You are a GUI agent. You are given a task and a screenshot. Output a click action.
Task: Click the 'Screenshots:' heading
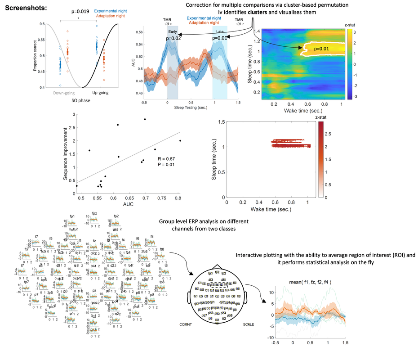click(27, 9)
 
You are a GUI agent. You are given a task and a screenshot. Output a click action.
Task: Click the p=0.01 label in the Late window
click(220, 39)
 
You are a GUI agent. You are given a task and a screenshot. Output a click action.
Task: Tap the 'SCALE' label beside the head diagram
click(249, 324)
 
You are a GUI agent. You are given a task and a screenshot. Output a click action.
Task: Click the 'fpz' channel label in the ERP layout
click(94, 213)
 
